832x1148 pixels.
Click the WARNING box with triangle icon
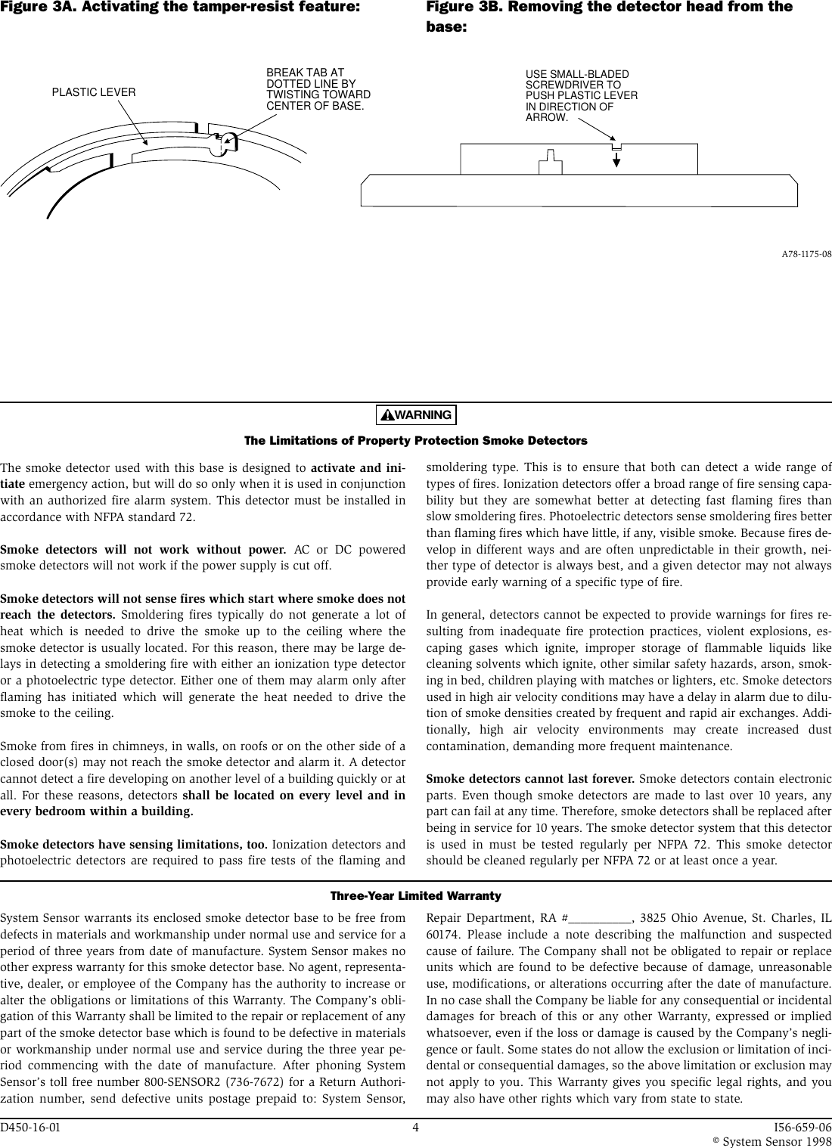pos(416,415)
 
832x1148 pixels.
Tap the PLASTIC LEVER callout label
pos(94,92)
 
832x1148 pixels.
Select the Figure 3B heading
pos(610,16)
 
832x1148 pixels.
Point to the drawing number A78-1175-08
pos(806,254)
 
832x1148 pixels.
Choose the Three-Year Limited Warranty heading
pos(416,896)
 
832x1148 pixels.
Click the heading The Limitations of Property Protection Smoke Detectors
pos(416,441)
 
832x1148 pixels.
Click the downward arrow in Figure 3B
pos(616,158)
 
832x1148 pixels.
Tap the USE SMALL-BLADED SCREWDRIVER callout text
pos(581,96)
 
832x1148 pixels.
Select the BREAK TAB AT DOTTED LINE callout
pos(318,89)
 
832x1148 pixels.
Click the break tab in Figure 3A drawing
pos(224,142)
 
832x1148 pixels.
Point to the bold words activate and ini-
pos(358,466)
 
